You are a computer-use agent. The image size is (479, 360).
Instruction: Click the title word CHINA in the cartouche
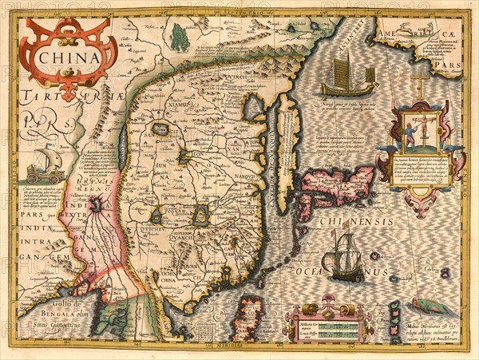pos(66,57)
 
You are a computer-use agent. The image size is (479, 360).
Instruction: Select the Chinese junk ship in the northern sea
pos(348,80)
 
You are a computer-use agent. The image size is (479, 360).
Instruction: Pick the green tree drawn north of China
pos(180,37)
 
